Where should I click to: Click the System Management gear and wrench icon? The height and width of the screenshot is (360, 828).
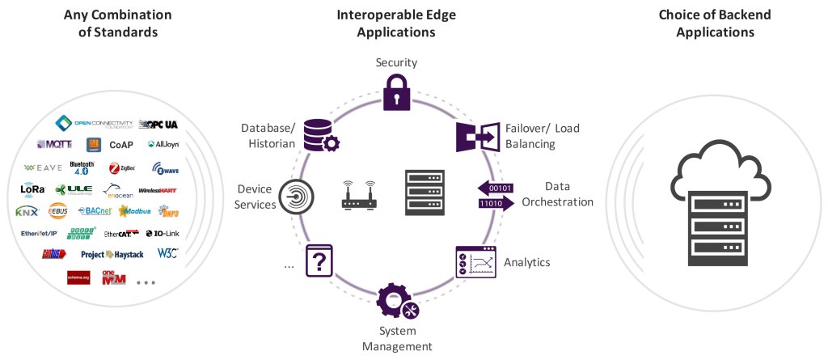pos(397,302)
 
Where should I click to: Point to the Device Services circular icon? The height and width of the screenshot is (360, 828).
pos(297,197)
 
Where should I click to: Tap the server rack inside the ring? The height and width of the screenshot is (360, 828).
pos(425,193)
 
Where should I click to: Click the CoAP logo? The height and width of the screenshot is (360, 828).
pos(120,145)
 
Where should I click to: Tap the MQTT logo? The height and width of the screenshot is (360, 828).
pos(55,145)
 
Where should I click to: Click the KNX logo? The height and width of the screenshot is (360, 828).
pos(27,212)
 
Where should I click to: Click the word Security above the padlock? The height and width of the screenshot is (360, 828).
pos(396,62)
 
